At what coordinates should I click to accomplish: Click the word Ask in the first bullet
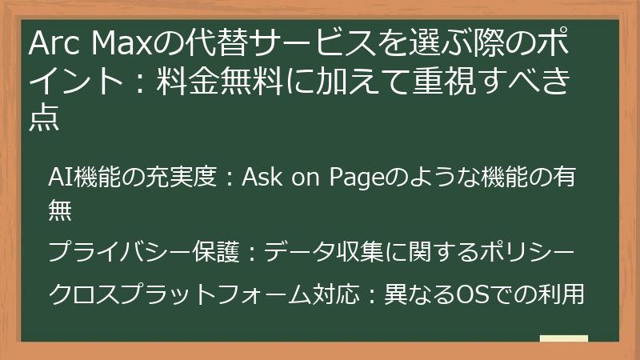click(x=264, y=176)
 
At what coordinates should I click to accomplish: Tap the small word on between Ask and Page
click(x=308, y=178)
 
